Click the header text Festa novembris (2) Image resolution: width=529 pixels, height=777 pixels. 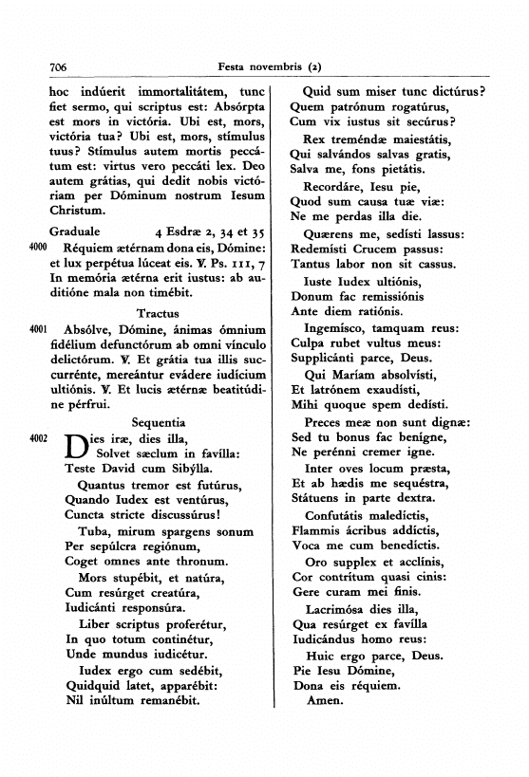270,68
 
